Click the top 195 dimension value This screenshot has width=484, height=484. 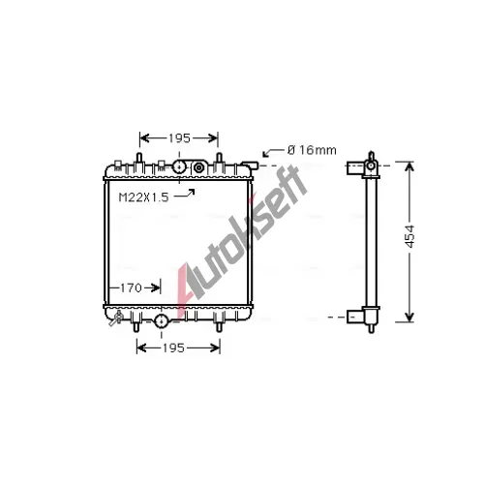click(179, 138)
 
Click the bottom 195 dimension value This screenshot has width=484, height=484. click(173, 348)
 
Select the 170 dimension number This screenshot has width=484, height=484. click(131, 287)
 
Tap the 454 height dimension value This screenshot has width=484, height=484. click(409, 236)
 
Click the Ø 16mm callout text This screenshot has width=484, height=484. click(312, 150)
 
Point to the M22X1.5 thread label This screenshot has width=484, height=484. click(143, 197)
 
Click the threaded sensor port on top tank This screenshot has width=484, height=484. click(198, 167)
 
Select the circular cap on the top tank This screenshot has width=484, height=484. click(179, 166)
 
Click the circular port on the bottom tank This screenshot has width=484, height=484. click(161, 320)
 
